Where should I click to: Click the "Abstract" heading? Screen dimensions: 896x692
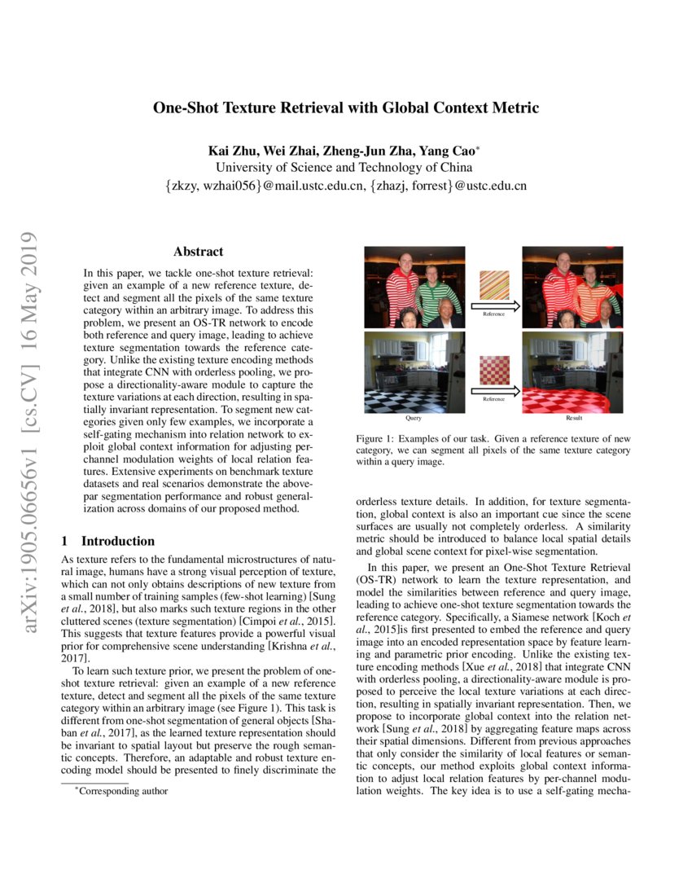pyautogui.click(x=198, y=252)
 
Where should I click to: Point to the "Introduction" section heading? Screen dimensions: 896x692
pyautogui.click(x=117, y=541)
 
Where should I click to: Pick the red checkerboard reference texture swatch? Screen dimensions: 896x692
pyautogui.click(x=493, y=373)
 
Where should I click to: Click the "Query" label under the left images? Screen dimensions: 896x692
pyautogui.click(x=413, y=418)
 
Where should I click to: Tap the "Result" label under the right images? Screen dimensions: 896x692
pyautogui.click(x=574, y=418)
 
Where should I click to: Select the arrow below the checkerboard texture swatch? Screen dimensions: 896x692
pyautogui.click(x=493, y=392)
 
